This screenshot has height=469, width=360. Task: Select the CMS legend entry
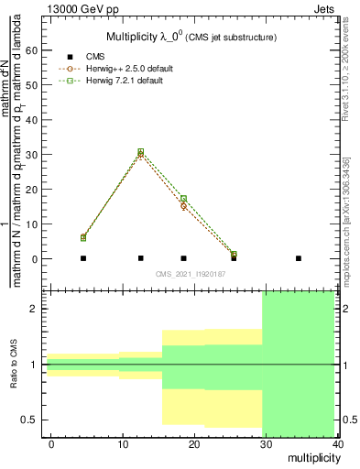coord(108,57)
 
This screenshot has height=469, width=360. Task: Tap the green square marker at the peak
coord(140,151)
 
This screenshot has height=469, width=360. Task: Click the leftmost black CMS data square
coord(83,258)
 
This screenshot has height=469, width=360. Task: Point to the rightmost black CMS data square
coord(299,258)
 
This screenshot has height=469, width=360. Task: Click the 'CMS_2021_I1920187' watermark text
coord(188,274)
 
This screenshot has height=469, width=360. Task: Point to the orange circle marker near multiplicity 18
coord(183,206)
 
